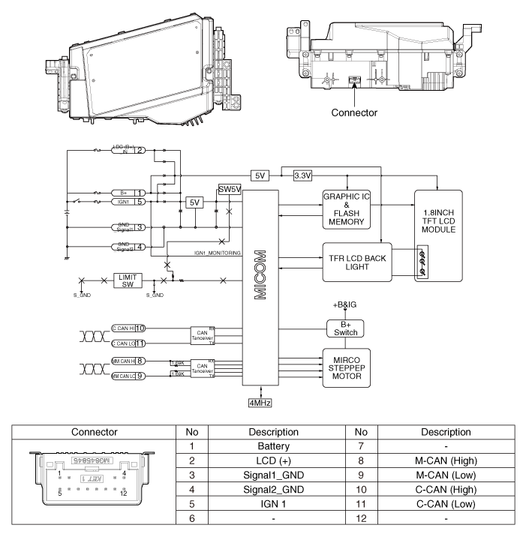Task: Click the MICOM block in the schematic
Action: (x=259, y=285)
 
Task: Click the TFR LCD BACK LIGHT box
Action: (x=357, y=262)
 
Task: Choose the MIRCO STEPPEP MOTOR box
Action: (x=346, y=365)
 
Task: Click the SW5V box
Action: (x=229, y=188)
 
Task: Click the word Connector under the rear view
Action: (x=353, y=113)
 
